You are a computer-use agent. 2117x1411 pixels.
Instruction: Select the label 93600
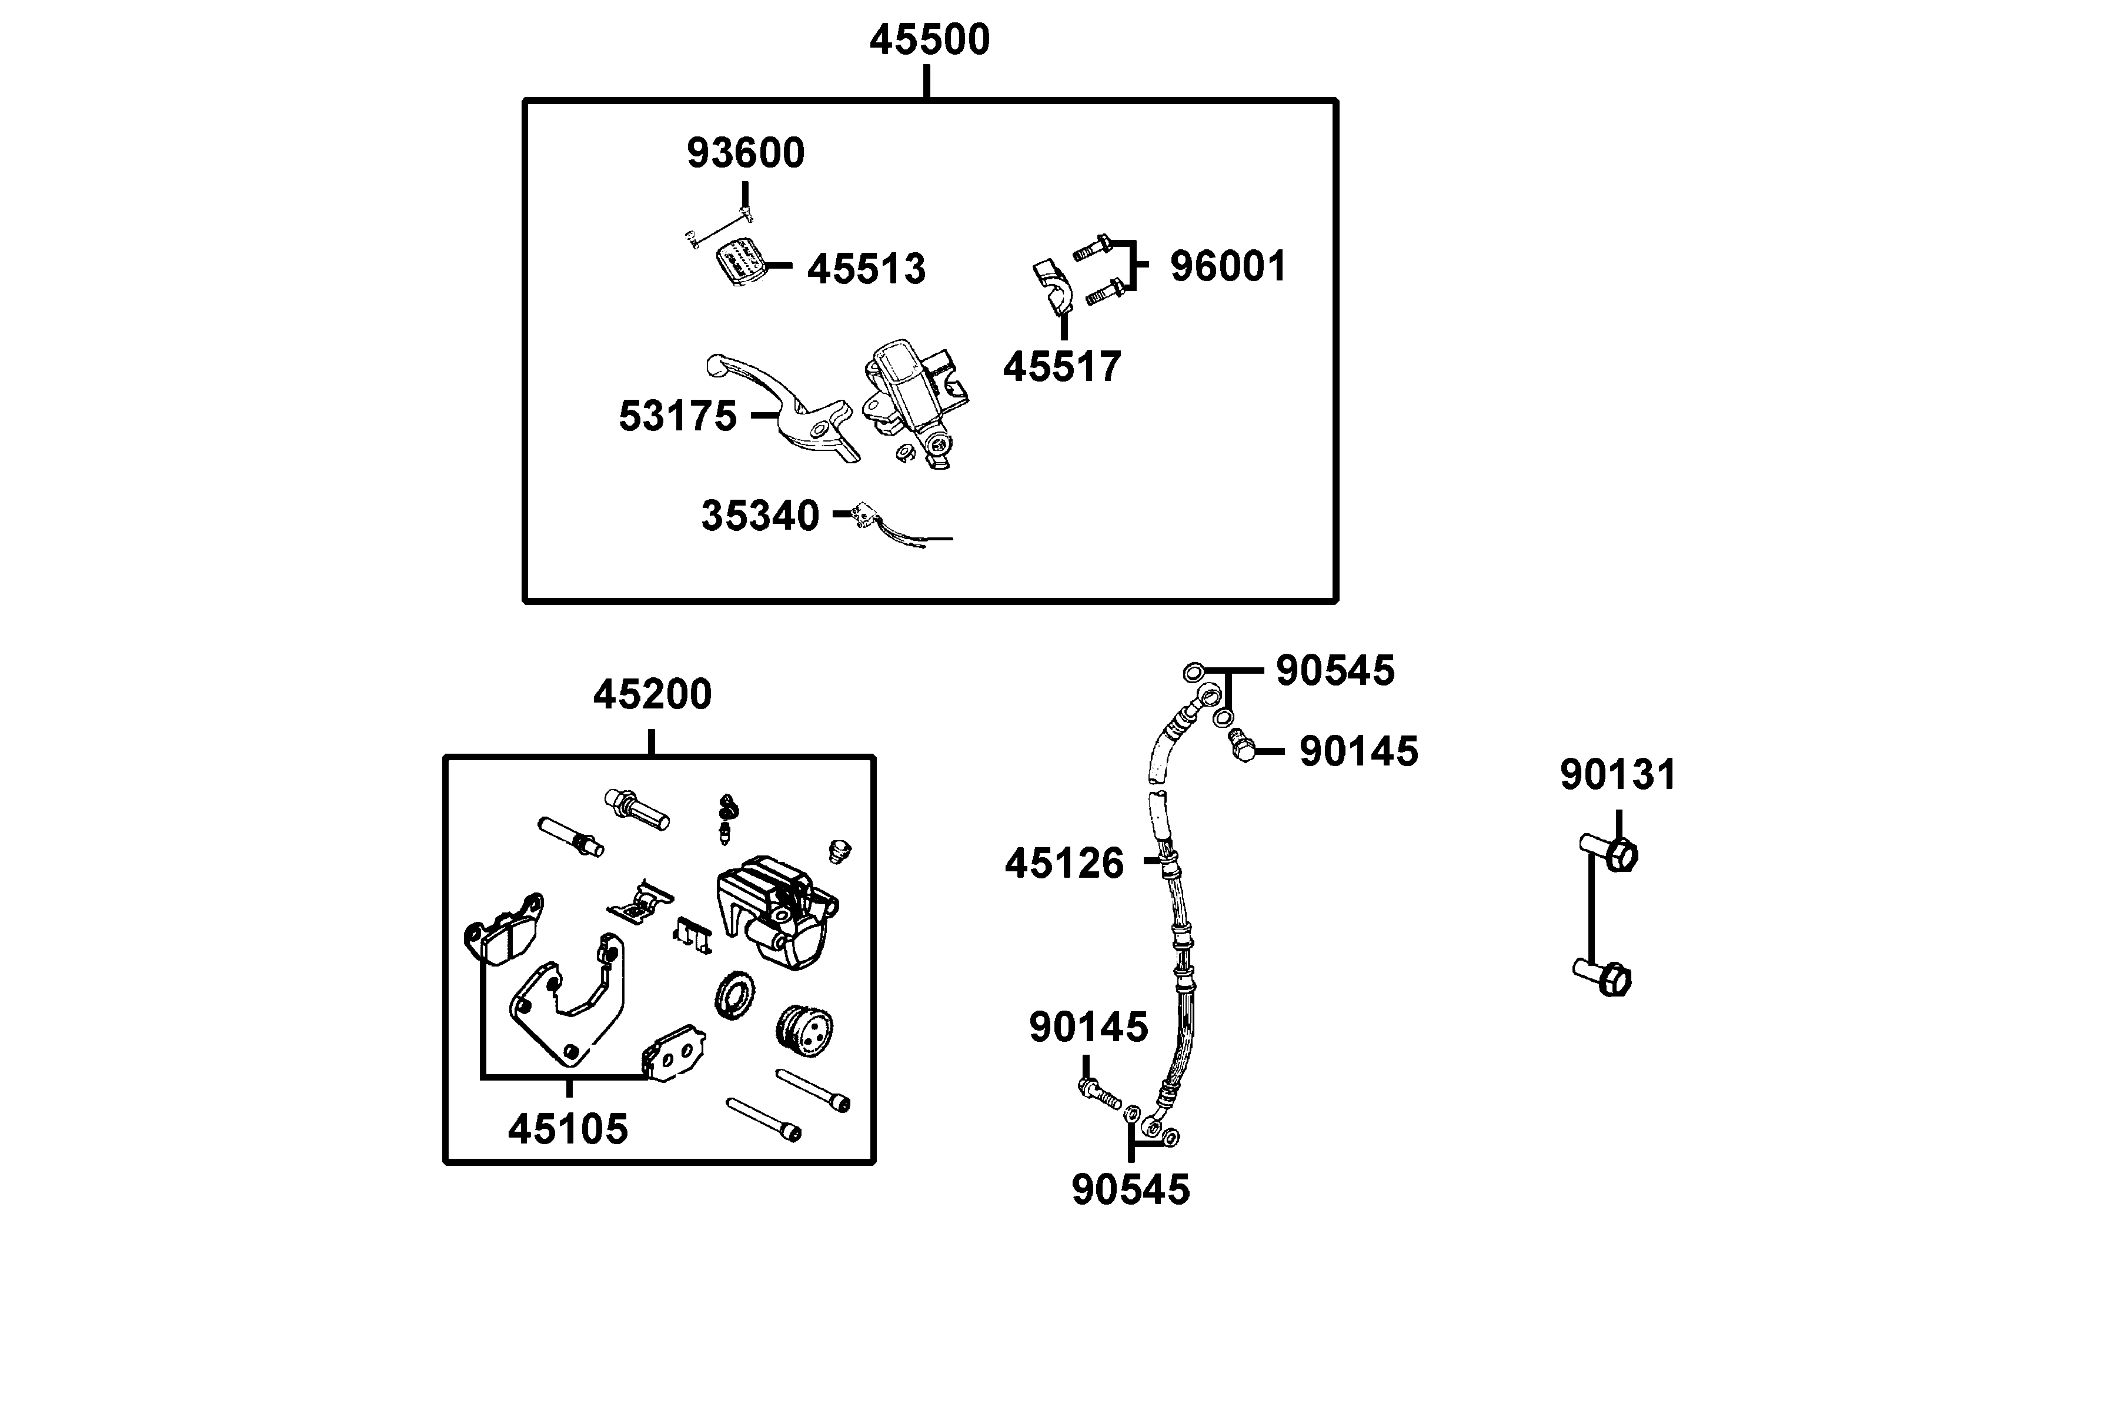coord(745,153)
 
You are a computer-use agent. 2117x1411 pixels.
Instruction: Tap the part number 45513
coord(866,269)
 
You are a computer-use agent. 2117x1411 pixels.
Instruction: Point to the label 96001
coord(1228,266)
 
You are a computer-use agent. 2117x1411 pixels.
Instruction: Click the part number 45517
coord(1062,367)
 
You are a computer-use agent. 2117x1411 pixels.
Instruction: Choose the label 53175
coord(678,416)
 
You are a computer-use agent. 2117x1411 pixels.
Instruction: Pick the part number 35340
coord(760,516)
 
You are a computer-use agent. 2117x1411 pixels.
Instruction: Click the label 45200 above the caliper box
coord(652,694)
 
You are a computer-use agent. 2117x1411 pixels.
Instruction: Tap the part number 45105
coord(568,1128)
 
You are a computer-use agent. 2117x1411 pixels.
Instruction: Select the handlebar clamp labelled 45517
coord(1051,286)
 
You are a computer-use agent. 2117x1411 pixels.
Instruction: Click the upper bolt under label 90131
coord(1610,853)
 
